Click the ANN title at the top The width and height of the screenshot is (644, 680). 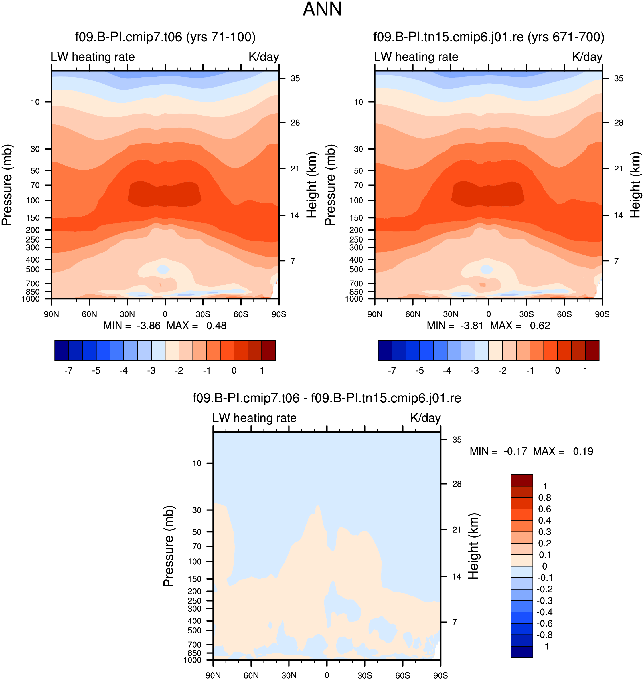[322, 9]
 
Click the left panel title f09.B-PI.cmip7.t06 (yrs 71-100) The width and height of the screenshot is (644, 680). [165, 37]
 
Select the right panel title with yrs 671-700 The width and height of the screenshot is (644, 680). [489, 37]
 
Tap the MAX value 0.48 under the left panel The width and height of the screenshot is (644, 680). [216, 326]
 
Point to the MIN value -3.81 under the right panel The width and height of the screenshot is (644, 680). [472, 326]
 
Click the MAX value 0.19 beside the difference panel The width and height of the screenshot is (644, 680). [583, 451]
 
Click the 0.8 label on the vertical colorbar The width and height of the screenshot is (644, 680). [545, 498]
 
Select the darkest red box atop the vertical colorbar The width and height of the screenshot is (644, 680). [522, 480]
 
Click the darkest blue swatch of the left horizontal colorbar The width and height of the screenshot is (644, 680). [62, 350]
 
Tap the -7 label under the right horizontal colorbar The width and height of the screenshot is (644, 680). [392, 371]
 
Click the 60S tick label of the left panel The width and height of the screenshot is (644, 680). [241, 314]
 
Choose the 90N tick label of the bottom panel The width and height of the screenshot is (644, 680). [213, 675]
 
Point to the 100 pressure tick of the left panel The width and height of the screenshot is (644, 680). [33, 200]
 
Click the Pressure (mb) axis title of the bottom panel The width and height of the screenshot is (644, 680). [169, 546]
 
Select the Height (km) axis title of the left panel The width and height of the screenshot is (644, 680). [312, 185]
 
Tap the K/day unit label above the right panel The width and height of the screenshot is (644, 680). [587, 57]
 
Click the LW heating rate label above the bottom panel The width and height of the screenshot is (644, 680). [254, 418]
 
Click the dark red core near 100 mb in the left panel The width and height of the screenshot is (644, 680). [165, 194]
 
